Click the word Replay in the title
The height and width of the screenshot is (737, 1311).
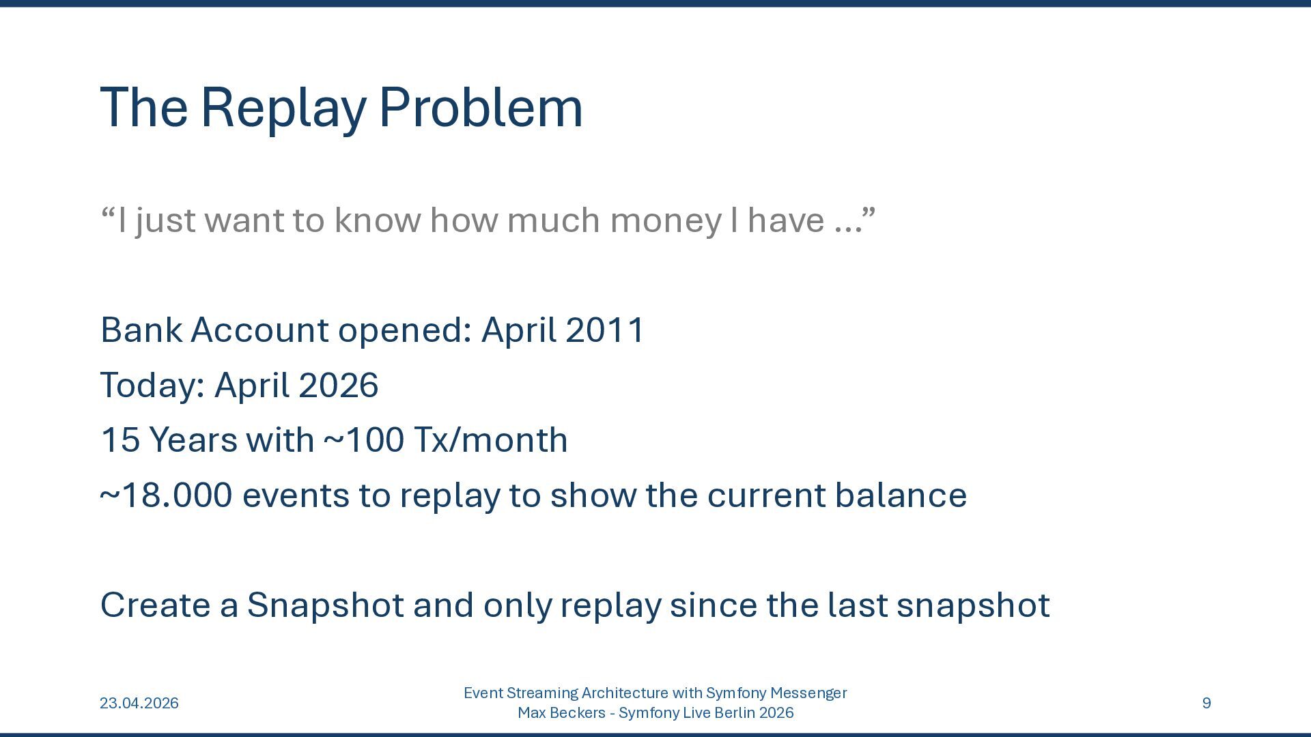[x=283, y=109]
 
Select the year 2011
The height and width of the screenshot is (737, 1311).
[x=604, y=330]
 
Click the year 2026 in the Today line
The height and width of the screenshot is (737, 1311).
[x=338, y=385]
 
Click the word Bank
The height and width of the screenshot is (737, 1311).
[x=141, y=330]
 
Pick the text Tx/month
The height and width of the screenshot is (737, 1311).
[x=491, y=439]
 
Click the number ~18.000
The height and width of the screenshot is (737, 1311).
[x=166, y=495]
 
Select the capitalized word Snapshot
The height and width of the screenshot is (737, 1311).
[x=325, y=605]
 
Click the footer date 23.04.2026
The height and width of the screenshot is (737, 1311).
[x=139, y=703]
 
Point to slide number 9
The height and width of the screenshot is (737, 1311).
[x=1207, y=703]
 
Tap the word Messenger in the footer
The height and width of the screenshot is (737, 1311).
[x=808, y=693]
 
